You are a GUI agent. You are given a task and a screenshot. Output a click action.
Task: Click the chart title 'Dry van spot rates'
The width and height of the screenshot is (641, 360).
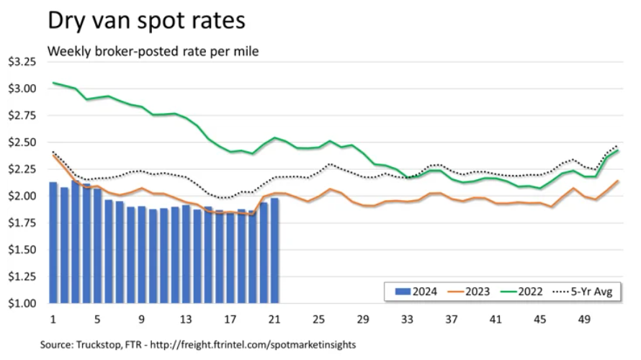coord(146,20)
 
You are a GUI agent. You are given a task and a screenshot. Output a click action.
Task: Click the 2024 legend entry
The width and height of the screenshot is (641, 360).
coord(413,292)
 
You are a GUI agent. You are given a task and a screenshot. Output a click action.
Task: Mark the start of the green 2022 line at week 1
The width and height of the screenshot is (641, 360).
coord(53,83)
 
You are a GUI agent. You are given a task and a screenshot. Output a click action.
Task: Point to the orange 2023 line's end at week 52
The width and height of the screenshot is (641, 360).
coord(618,181)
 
